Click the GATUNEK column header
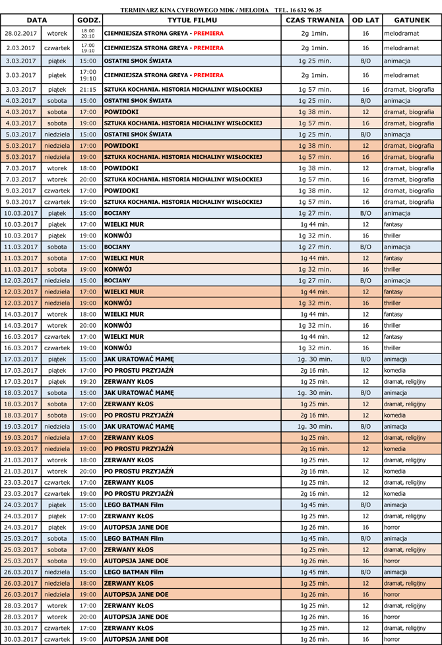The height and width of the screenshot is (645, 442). pos(412,20)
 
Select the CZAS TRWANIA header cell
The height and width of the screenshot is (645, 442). pos(315,20)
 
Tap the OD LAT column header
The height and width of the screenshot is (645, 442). pos(365,20)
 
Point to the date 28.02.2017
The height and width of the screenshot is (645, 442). pos(22,33)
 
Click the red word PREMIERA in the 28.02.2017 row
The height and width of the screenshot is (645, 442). pos(208,33)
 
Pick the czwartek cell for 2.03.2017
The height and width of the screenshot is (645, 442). pos(57,48)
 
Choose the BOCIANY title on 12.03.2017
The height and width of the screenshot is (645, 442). pos(117,280)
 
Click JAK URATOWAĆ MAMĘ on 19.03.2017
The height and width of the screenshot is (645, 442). pos(139,426)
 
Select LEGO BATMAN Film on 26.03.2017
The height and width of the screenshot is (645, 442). pos(133,572)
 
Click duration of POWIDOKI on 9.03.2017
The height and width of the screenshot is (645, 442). pos(315,191)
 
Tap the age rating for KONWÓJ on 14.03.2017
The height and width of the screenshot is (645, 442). pos(365,325)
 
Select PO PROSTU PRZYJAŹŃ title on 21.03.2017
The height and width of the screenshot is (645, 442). pos(139,471)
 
